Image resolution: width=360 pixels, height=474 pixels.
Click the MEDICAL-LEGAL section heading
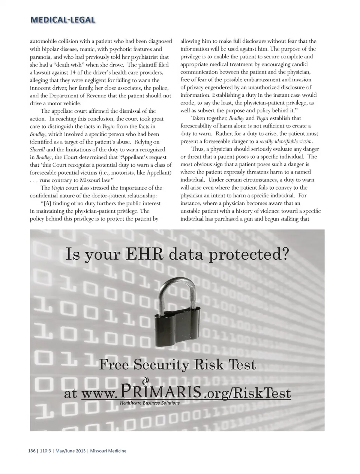63,20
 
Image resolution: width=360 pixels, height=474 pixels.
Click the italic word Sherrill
37,150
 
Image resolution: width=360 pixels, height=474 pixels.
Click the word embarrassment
258,80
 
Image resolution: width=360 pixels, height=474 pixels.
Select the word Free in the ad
114,365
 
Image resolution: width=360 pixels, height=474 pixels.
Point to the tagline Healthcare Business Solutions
150,403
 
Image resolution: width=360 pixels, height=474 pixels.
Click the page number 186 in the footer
32,451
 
